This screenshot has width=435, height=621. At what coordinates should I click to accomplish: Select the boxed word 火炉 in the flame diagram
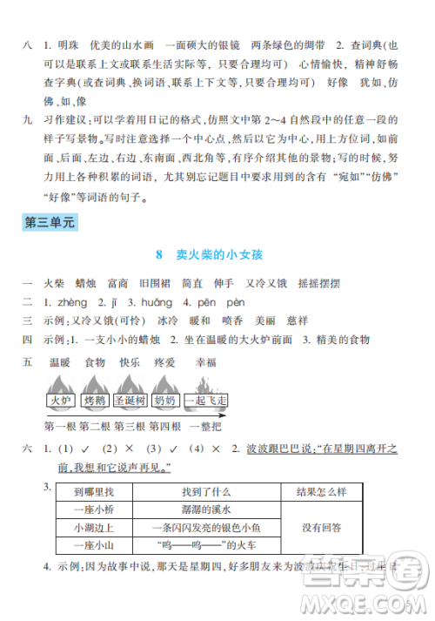(x=60, y=402)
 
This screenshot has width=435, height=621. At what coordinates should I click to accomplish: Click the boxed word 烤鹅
(x=95, y=402)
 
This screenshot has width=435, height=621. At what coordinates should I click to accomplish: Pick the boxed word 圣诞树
(x=130, y=402)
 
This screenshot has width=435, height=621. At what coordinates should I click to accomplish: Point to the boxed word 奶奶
(x=165, y=402)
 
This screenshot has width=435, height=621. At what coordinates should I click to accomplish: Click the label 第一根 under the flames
(x=60, y=425)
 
